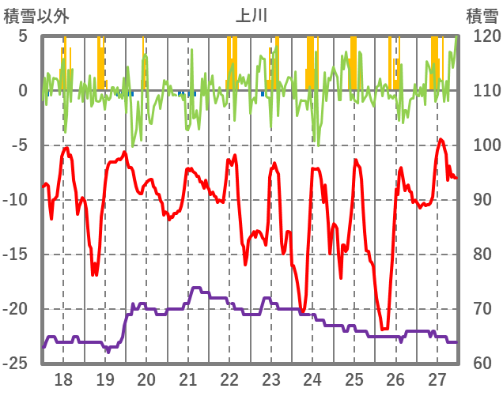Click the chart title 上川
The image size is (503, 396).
(252, 15)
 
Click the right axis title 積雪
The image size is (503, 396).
(481, 15)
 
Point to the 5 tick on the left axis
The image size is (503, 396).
(23, 36)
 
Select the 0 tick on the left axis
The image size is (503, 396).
(23, 91)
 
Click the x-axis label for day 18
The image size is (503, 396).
(63, 379)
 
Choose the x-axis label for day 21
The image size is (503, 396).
(188, 379)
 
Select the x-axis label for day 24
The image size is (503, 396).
(312, 379)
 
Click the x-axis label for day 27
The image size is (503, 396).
(437, 379)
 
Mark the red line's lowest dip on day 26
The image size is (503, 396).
(384, 329)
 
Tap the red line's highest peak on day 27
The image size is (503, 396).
(441, 139)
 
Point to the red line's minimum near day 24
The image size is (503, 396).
(303, 311)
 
